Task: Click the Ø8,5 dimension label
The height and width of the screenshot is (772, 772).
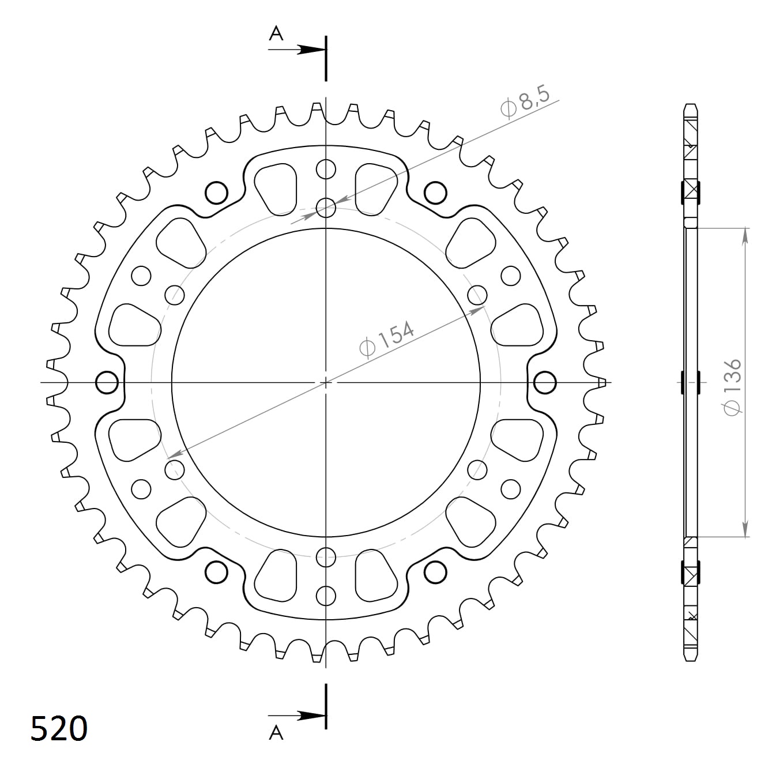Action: coord(526,103)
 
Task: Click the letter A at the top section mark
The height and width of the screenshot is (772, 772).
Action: coord(277,35)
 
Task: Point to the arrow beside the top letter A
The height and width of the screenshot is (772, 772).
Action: coord(306,50)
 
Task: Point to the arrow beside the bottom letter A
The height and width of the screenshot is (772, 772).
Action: coord(306,716)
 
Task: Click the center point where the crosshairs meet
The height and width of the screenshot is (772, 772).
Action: coord(326,382)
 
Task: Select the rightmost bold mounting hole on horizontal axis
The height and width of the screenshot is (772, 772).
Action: coord(545,382)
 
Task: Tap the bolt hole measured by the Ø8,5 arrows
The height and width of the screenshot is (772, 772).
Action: coord(326,208)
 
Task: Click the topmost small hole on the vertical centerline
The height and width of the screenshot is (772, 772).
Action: coord(326,170)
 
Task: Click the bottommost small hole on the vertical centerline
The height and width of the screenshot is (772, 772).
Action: coord(326,595)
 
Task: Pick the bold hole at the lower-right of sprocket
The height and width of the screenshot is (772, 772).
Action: coord(435,572)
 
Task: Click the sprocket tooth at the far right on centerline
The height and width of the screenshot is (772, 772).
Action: coord(602,382)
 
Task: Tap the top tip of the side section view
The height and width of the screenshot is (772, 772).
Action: coord(691,106)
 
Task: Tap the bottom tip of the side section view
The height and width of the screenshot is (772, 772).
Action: coord(691,659)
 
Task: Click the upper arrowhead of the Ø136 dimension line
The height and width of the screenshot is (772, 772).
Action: coord(746,234)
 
